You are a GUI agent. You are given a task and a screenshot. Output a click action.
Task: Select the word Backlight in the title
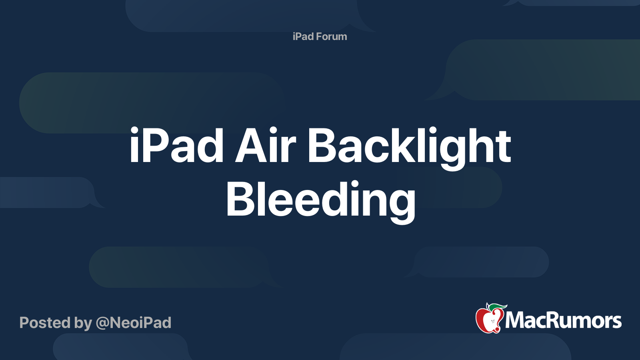[x=409, y=146]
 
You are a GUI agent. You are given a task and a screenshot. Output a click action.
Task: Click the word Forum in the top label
[x=331, y=36]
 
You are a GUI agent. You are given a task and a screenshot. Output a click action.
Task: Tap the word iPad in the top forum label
[x=303, y=36]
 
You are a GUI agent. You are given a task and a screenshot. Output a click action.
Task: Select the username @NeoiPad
[x=134, y=323]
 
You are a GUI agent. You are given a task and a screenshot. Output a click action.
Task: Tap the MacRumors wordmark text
[x=563, y=320]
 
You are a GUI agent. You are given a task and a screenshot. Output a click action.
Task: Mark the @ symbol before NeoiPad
[x=102, y=323]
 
